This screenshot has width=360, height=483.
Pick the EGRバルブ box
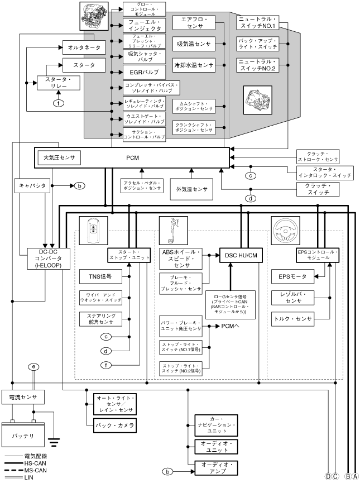tap(145, 73)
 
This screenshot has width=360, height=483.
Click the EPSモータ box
tap(291, 276)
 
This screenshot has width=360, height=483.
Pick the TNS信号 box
tap(100, 276)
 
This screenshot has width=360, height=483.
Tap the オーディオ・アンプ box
tap(216, 467)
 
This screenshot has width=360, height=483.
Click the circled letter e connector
tap(35, 366)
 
